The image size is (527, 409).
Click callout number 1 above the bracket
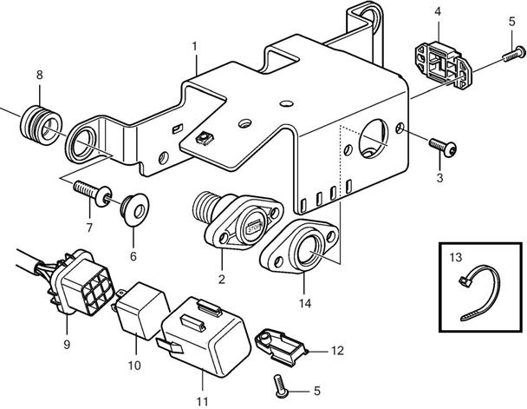[x=195, y=44]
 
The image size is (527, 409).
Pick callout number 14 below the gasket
[x=305, y=303]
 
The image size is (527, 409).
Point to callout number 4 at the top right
[x=438, y=11]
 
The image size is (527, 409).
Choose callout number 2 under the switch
[x=221, y=279]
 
